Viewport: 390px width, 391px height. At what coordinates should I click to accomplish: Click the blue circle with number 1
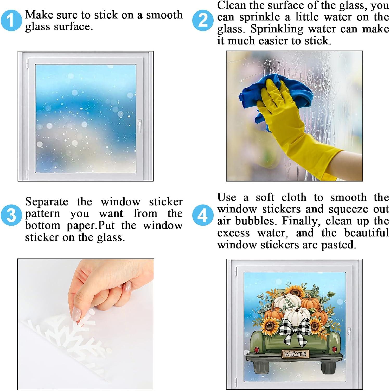(x=11, y=20)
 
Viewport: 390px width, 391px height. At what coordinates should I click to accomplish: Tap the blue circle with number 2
(x=203, y=20)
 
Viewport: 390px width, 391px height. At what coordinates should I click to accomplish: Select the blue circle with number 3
(x=11, y=215)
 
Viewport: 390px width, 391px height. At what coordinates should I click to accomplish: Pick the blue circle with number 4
(x=203, y=215)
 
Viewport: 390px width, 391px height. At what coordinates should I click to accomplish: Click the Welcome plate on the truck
(x=295, y=354)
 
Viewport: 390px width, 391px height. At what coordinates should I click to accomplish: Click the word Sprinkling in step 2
(x=277, y=29)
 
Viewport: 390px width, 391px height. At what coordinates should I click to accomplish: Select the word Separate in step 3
(x=47, y=202)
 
